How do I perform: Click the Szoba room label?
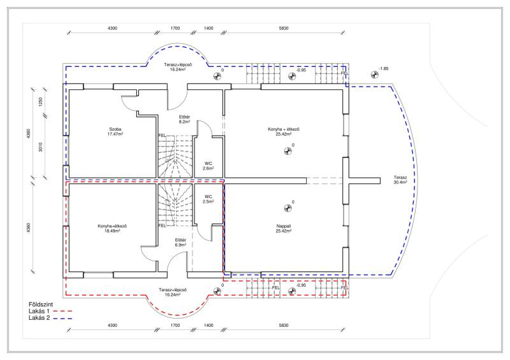pyautogui.click(x=115, y=129)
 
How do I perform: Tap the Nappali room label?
pyautogui.click(x=284, y=226)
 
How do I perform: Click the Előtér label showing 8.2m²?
pyautogui.click(x=184, y=119)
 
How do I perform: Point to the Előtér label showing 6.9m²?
pyautogui.click(x=180, y=243)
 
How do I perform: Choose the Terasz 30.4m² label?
pyautogui.click(x=400, y=180)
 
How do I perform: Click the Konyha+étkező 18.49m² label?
pyautogui.click(x=112, y=228)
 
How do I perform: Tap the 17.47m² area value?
pyautogui.click(x=115, y=134)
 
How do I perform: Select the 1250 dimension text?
pyautogui.click(x=40, y=102)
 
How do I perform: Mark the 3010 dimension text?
pyautogui.click(x=40, y=147)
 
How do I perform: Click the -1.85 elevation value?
pyautogui.click(x=384, y=69)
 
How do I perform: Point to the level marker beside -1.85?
pyautogui.click(x=374, y=75)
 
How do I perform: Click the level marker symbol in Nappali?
pyautogui.click(x=288, y=208)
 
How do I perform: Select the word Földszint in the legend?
pyautogui.click(x=41, y=305)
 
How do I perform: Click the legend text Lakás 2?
pyautogui.click(x=40, y=318)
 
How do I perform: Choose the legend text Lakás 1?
pyautogui.click(x=40, y=311)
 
